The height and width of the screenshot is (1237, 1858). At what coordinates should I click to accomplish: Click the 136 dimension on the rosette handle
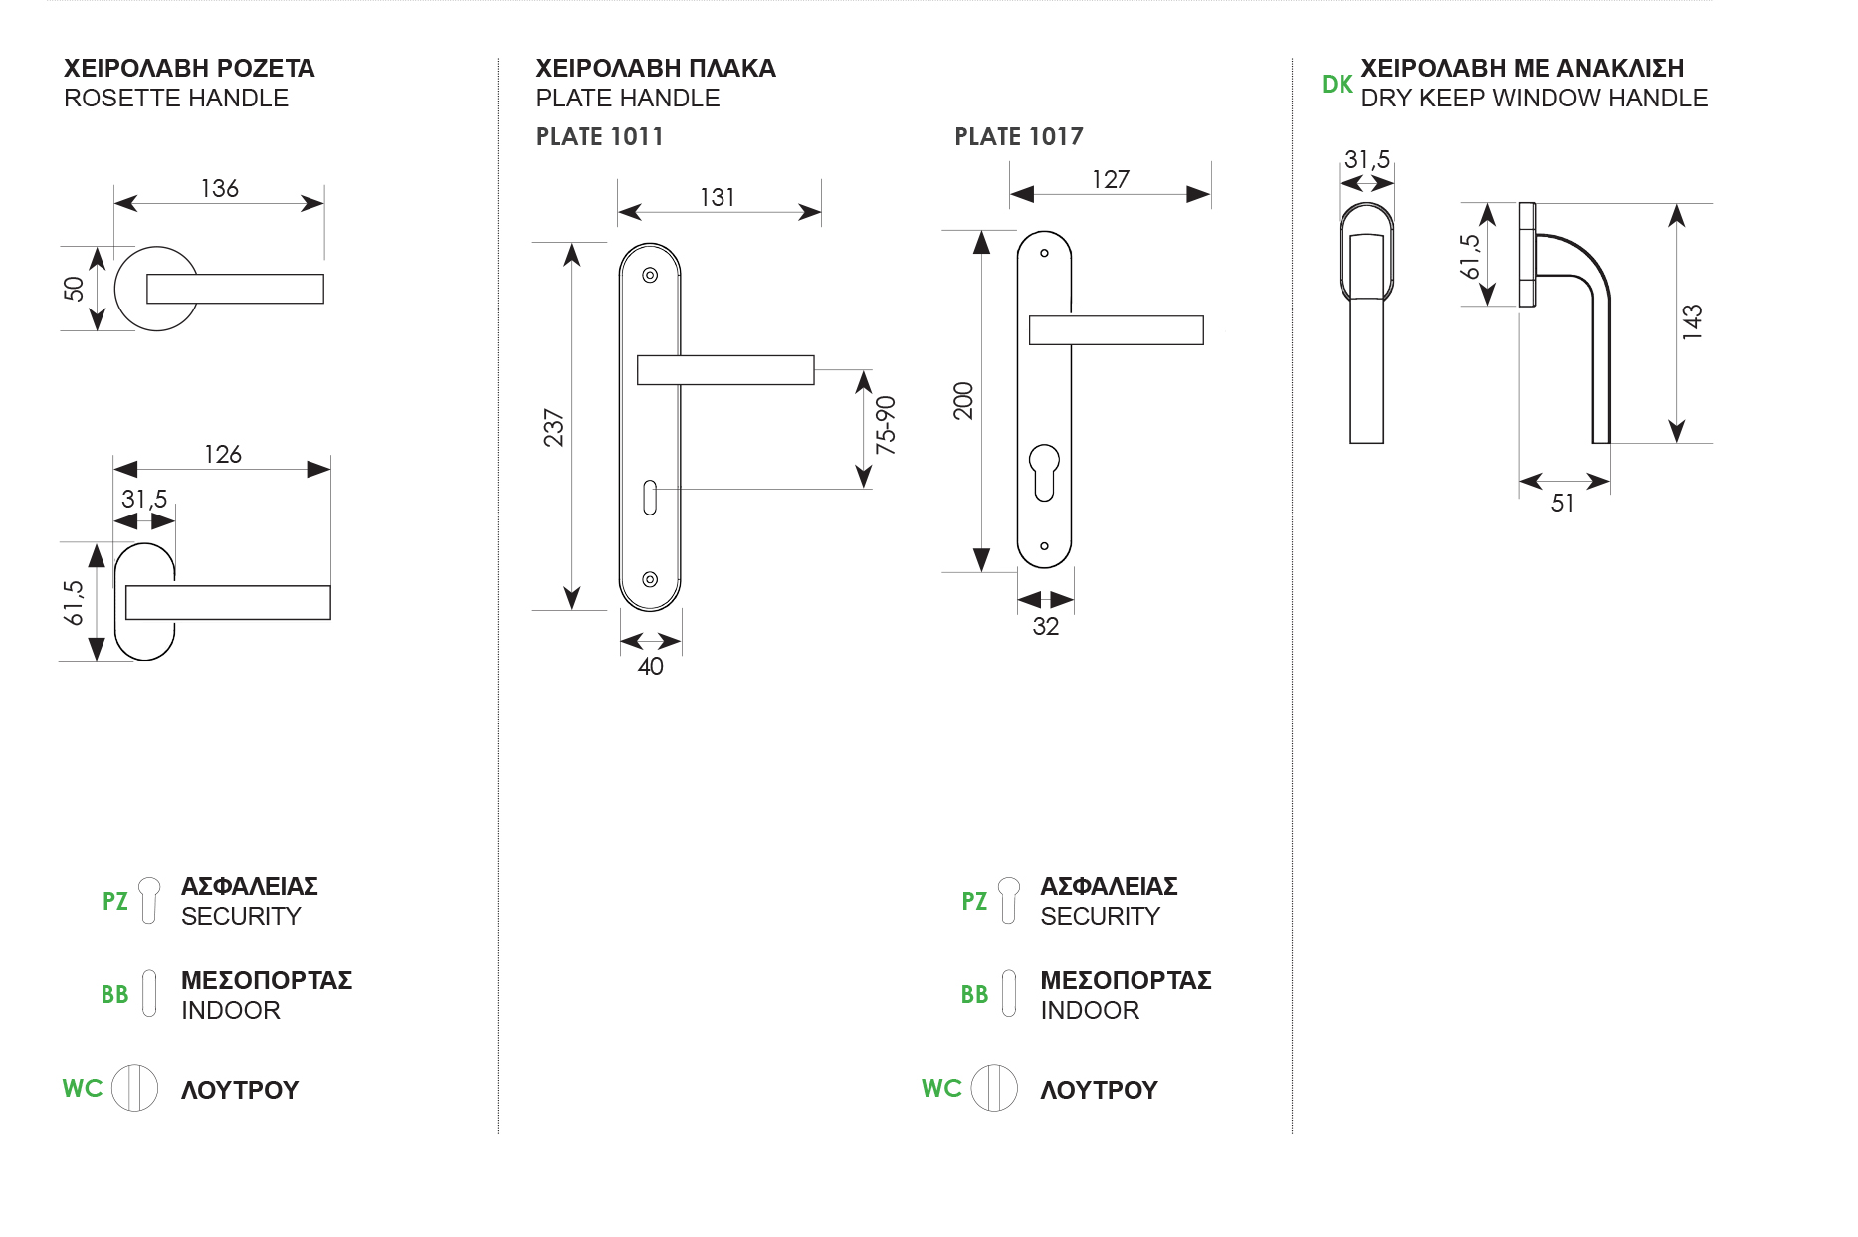[x=219, y=188]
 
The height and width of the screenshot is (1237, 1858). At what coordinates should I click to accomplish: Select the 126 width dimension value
[x=223, y=454]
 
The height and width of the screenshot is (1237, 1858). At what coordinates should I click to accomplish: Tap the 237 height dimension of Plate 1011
[x=554, y=427]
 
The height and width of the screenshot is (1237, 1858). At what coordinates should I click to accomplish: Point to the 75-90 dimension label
[x=885, y=425]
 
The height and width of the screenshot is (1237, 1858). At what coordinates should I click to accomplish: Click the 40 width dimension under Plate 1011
[x=650, y=666]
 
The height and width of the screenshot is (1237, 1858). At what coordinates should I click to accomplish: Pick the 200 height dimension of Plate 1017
[x=963, y=400]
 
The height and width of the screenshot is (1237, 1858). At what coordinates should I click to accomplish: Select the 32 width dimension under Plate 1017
[x=1045, y=626]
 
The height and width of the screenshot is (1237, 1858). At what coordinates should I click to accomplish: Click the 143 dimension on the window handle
[x=1692, y=322]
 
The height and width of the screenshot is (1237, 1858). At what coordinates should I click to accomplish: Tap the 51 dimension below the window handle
[x=1562, y=503]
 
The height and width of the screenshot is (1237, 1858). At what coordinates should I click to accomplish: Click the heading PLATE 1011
[x=599, y=137]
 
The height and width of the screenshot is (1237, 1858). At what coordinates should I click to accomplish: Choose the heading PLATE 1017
[x=1018, y=137]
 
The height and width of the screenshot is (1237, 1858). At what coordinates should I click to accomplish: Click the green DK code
[x=1337, y=85]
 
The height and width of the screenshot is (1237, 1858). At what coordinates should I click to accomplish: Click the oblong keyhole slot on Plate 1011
[x=650, y=498]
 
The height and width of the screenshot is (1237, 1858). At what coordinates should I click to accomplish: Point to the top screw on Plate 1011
[x=650, y=276]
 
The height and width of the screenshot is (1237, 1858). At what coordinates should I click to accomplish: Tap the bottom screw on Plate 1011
[x=650, y=579]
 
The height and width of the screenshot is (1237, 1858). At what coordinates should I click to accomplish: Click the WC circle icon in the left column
[x=134, y=1087]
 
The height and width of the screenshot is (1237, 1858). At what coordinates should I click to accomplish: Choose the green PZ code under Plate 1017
[x=974, y=901]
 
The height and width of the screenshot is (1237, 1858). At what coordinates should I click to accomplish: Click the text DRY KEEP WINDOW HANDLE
[x=1534, y=99]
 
